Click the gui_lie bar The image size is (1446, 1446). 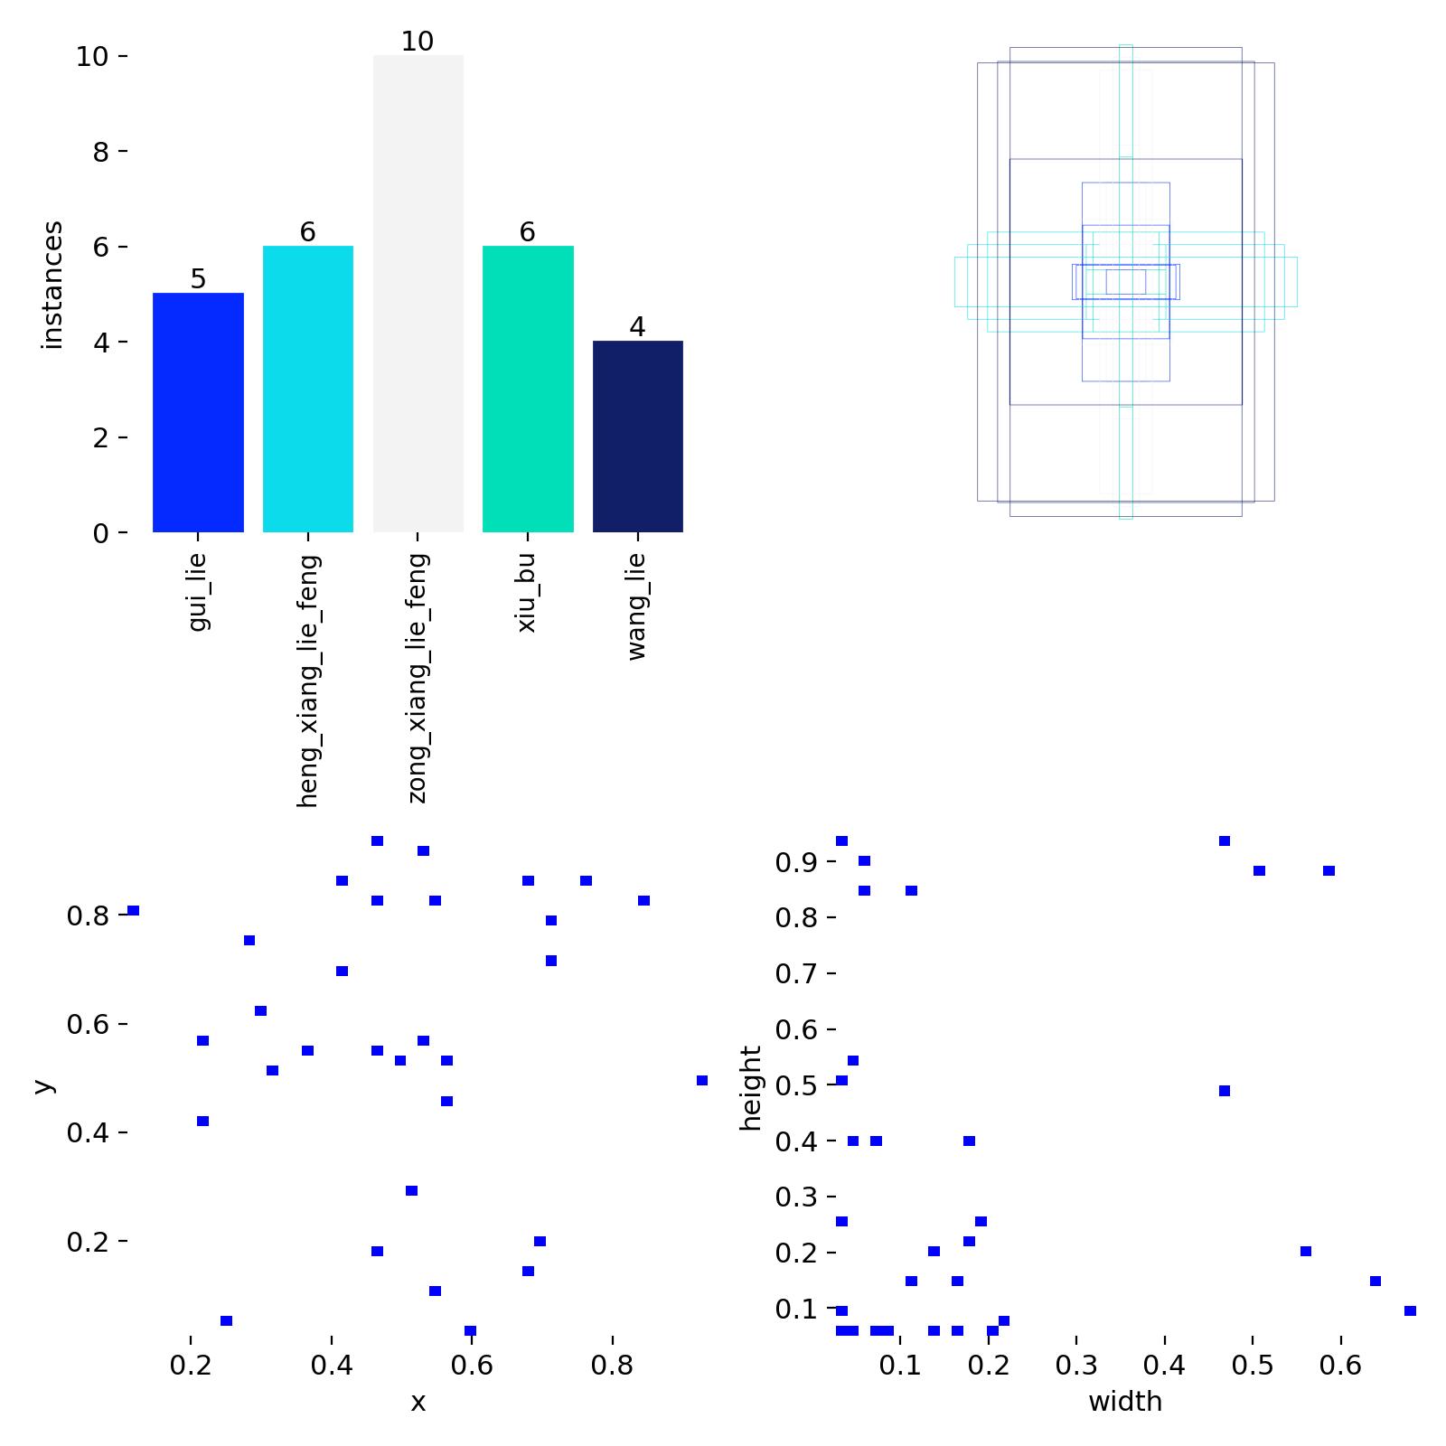pos(198,412)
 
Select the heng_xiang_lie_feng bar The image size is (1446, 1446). pos(307,389)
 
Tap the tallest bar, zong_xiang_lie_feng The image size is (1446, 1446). pos(418,294)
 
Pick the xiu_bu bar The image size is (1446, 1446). pos(528,389)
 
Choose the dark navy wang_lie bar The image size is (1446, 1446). pos(637,437)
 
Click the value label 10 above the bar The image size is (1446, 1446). pos(418,42)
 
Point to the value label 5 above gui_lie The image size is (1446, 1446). pos(198,279)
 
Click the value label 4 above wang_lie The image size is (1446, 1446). pos(637,327)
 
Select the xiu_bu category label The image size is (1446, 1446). pos(527,593)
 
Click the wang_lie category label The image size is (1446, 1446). pos(637,606)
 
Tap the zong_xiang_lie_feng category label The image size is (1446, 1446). pos(418,678)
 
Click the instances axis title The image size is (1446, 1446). pos(52,285)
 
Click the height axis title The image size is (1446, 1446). pos(751,1088)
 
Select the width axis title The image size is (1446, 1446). pos(1125,1402)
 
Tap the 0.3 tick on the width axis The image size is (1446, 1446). pos(1076,1365)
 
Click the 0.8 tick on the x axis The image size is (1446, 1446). pos(612,1365)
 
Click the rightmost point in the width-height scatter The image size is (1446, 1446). pos(1410,1310)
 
